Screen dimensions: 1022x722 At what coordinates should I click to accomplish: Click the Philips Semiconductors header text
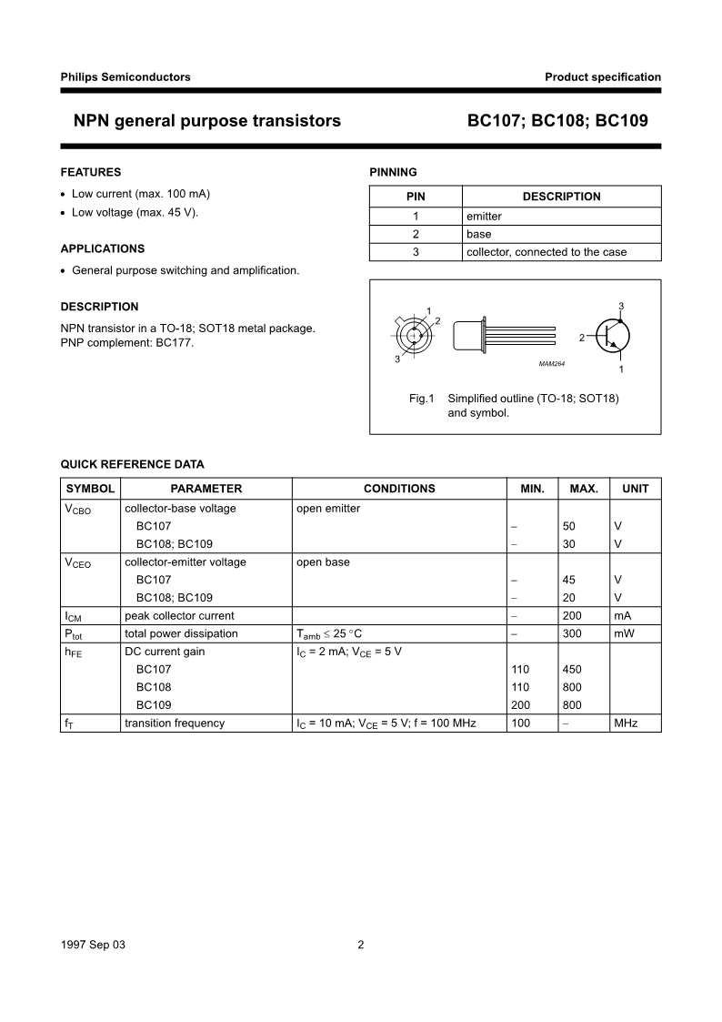coord(125,77)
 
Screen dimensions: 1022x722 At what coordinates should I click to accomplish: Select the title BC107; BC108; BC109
coord(557,120)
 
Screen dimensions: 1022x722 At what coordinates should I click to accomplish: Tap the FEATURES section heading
coord(90,172)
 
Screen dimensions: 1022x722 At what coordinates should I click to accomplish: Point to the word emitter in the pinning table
coord(484,217)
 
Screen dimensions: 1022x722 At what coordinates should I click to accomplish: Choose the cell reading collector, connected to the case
coord(546,252)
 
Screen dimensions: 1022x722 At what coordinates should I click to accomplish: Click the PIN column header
coord(416,197)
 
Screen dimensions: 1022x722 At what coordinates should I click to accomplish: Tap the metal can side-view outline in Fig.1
coord(469,336)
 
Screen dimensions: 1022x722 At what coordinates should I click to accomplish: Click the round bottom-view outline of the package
coord(415,335)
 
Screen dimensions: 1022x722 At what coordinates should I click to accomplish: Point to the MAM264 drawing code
coord(552,364)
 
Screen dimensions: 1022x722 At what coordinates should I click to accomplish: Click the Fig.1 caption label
coord(422,399)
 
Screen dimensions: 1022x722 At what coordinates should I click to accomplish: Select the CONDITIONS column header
coord(399,489)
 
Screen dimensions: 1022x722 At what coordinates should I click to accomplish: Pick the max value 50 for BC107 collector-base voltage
coord(569,526)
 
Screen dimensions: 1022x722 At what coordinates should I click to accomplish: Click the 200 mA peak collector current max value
coord(573,616)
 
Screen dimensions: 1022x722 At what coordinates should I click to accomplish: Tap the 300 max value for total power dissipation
coord(573,633)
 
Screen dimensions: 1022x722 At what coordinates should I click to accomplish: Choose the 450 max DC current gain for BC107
coord(573,670)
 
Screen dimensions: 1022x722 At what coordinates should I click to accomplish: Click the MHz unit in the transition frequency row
coord(626,723)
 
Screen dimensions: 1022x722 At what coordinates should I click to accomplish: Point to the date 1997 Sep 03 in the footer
coord(93,945)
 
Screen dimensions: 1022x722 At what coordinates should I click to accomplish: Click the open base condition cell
coord(323,562)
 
